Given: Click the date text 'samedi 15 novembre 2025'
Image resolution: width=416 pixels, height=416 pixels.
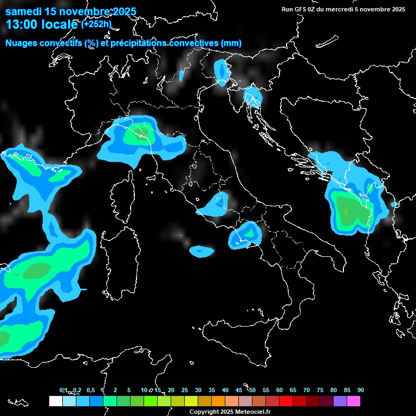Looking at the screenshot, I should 70,11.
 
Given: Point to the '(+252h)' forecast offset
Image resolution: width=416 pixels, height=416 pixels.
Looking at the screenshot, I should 96,24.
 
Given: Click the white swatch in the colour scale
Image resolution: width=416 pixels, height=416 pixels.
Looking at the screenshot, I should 55,401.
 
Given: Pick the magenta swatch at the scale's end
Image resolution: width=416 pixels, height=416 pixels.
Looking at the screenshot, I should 354,401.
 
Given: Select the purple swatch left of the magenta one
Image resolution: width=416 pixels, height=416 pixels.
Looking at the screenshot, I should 340,401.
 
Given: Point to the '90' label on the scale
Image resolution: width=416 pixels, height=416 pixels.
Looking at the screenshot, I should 361,391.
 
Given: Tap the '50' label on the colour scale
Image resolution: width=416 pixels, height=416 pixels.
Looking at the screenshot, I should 252,391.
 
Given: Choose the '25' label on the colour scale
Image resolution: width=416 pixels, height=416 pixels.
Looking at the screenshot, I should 185,391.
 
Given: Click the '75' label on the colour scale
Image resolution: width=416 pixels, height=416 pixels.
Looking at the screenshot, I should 320,391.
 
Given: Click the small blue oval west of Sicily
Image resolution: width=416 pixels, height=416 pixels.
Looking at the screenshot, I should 201,251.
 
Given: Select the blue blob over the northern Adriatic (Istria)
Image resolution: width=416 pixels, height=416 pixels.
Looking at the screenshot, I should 253,96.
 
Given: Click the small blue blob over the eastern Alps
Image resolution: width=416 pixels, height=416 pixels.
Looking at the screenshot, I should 221,70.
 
